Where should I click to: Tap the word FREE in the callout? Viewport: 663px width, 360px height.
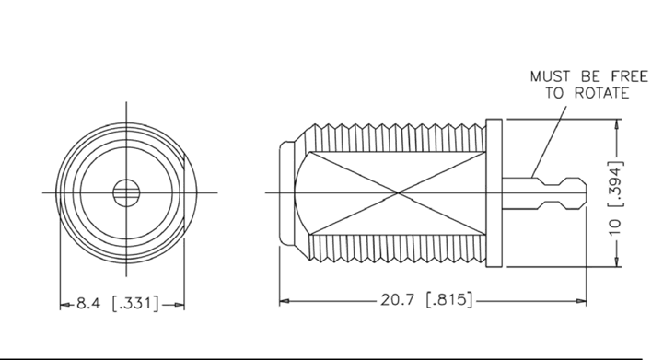pyautogui.click(x=630, y=76)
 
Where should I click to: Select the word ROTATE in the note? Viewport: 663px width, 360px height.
pyautogui.click(x=602, y=93)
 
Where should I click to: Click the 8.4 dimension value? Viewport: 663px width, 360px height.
pyautogui.click(x=88, y=303)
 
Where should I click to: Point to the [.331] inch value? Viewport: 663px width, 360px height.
pyautogui.click(x=135, y=303)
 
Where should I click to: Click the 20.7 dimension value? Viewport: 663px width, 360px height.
pyautogui.click(x=397, y=299)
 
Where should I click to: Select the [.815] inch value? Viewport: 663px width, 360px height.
pyautogui.click(x=448, y=299)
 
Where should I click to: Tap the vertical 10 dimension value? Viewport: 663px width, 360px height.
pyautogui.click(x=615, y=227)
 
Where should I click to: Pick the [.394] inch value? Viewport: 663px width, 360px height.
pyautogui.click(x=615, y=184)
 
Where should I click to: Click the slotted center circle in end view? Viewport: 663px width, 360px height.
pyautogui.click(x=126, y=192)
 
